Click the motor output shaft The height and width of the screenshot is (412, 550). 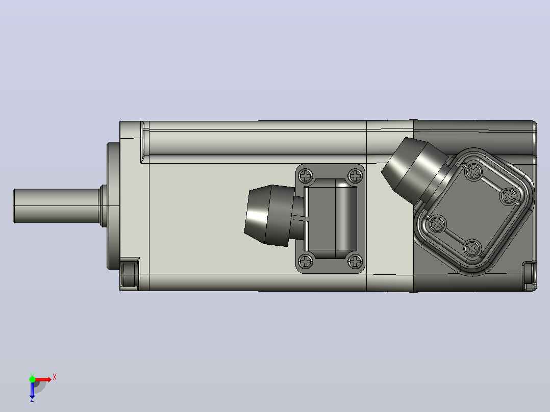pos(56,206)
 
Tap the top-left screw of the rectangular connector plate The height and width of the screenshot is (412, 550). pos(306,175)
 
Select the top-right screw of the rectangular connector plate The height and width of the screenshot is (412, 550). pos(355,175)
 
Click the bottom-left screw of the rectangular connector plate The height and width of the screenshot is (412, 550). pos(306,261)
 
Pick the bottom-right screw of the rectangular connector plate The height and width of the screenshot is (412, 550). pos(355,261)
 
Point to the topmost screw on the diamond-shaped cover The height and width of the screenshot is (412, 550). pos(474,172)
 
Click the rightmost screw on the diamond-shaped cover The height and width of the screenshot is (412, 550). pos(508,196)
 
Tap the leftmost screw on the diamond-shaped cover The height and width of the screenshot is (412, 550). pos(437,224)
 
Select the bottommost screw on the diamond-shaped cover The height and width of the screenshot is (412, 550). pos(472,248)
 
